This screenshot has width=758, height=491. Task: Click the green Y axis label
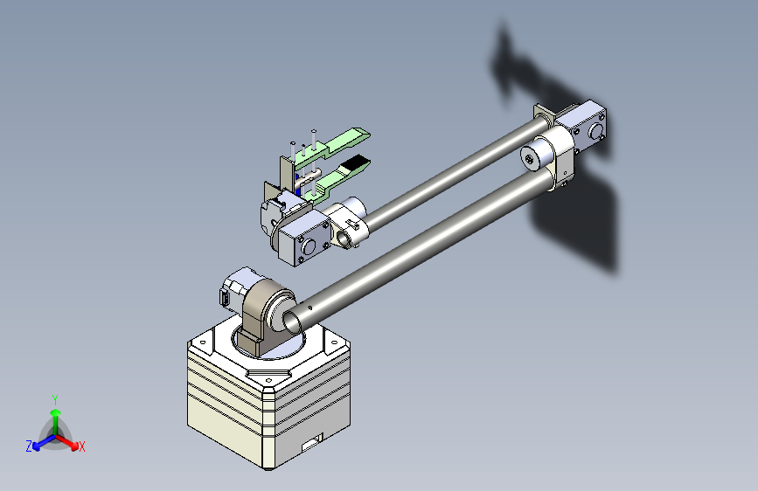55,400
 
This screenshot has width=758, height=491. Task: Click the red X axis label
82,446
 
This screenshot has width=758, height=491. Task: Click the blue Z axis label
29,446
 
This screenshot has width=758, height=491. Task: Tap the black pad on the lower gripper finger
357,163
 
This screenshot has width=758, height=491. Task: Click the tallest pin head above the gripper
314,131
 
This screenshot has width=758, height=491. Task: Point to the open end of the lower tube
291,322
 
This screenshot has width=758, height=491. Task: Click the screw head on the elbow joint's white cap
531,157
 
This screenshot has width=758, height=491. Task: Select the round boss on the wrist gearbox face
308,246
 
